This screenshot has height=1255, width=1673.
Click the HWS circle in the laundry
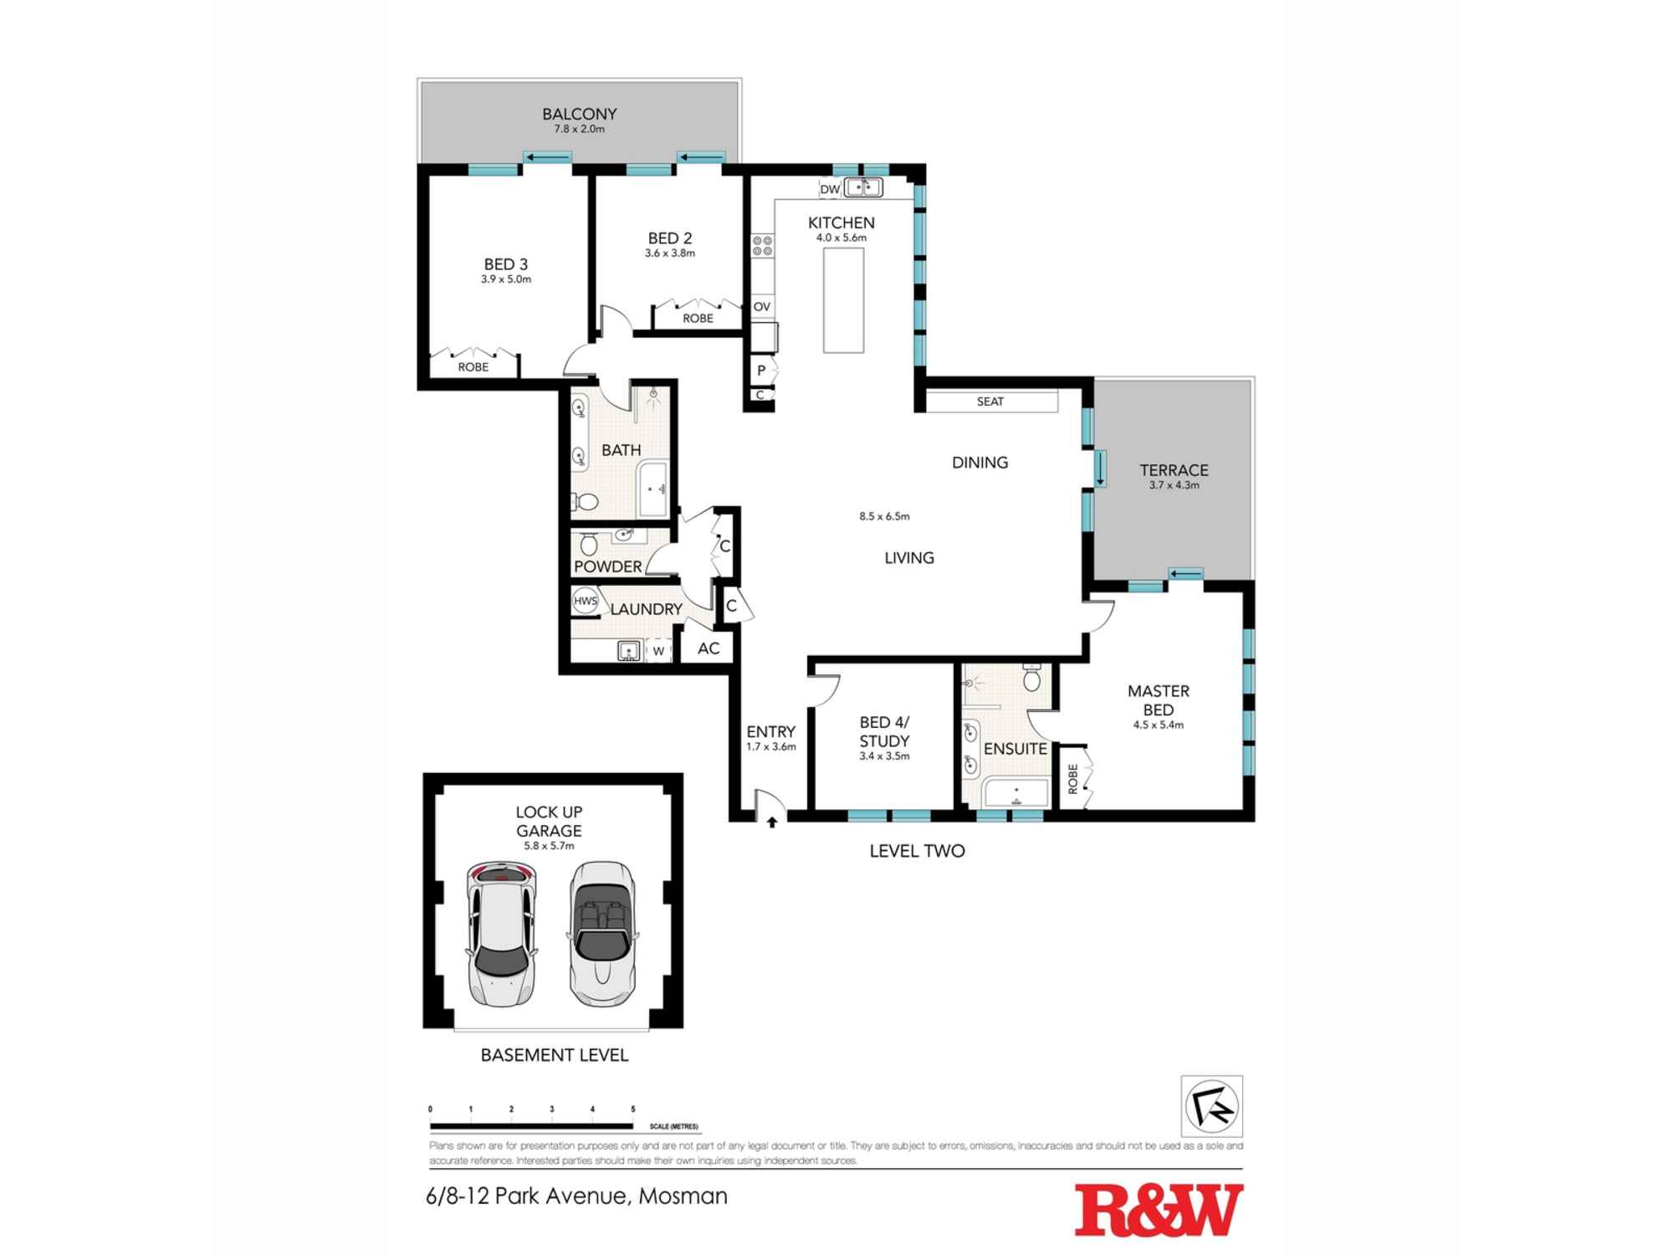[x=585, y=601]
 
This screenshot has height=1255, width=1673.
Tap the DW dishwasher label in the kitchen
[x=829, y=189]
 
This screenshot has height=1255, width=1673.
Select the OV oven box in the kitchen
[x=761, y=306]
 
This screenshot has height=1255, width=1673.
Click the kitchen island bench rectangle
[x=843, y=300]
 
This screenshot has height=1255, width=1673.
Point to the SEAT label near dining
[x=990, y=402]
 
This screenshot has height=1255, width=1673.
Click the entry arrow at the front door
[x=772, y=822]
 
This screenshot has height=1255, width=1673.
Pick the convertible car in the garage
[x=602, y=933]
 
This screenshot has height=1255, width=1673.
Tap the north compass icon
[x=1211, y=1106]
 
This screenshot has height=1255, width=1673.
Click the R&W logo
[x=1159, y=1209]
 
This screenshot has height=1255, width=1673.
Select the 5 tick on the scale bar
[x=633, y=1109]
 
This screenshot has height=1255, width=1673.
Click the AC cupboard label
[x=709, y=648]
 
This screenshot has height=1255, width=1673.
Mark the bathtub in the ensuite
[x=1016, y=792]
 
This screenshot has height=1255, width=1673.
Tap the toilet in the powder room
[x=589, y=545]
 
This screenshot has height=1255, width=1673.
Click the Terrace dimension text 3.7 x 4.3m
[x=1174, y=485]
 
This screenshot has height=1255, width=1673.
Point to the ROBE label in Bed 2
[x=698, y=318]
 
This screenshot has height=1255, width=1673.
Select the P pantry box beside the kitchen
[x=761, y=370]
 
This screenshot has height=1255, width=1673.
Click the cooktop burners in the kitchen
[x=762, y=245]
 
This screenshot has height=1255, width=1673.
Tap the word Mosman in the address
[x=683, y=1196]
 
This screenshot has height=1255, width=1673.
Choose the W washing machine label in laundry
[x=658, y=651]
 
